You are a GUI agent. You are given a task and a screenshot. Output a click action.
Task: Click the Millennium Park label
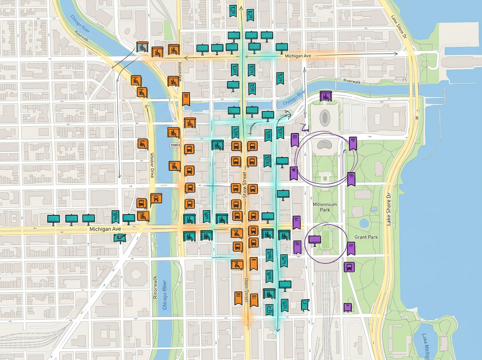tap(325, 207)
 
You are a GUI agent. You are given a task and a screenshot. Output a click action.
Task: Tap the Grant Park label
tap(366, 237)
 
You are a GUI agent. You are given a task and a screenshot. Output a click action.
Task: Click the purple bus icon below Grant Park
tap(349, 266)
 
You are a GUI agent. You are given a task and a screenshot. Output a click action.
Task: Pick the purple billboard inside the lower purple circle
tap(315, 240)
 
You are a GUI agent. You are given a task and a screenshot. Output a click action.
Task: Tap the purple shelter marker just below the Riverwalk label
tap(325, 96)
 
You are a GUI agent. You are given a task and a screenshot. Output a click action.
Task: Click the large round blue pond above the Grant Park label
tap(364, 223)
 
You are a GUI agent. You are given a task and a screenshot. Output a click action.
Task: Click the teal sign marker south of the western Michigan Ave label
tap(119, 238)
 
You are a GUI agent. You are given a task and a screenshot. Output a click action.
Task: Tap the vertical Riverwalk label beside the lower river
tap(155, 287)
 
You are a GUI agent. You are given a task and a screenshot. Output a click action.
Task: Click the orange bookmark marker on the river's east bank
tap(186, 98)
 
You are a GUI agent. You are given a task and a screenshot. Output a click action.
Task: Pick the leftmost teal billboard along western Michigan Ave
tap(53, 219)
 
